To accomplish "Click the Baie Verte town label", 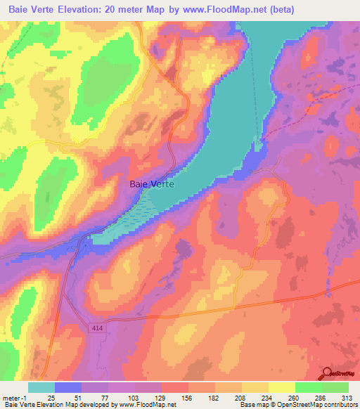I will click(153, 184).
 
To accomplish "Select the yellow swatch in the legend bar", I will click(282, 388).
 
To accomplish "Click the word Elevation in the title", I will click(88, 10).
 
